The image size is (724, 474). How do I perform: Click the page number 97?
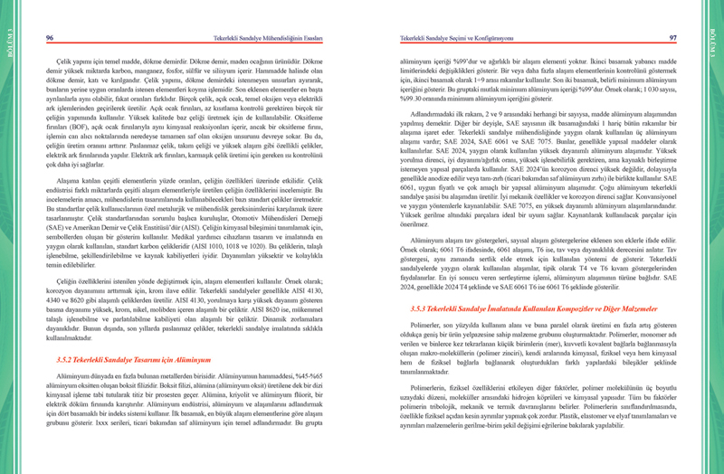point(672,37)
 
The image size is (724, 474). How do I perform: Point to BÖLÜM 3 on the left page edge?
point(9,40)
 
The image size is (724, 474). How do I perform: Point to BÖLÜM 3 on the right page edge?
point(714,40)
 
